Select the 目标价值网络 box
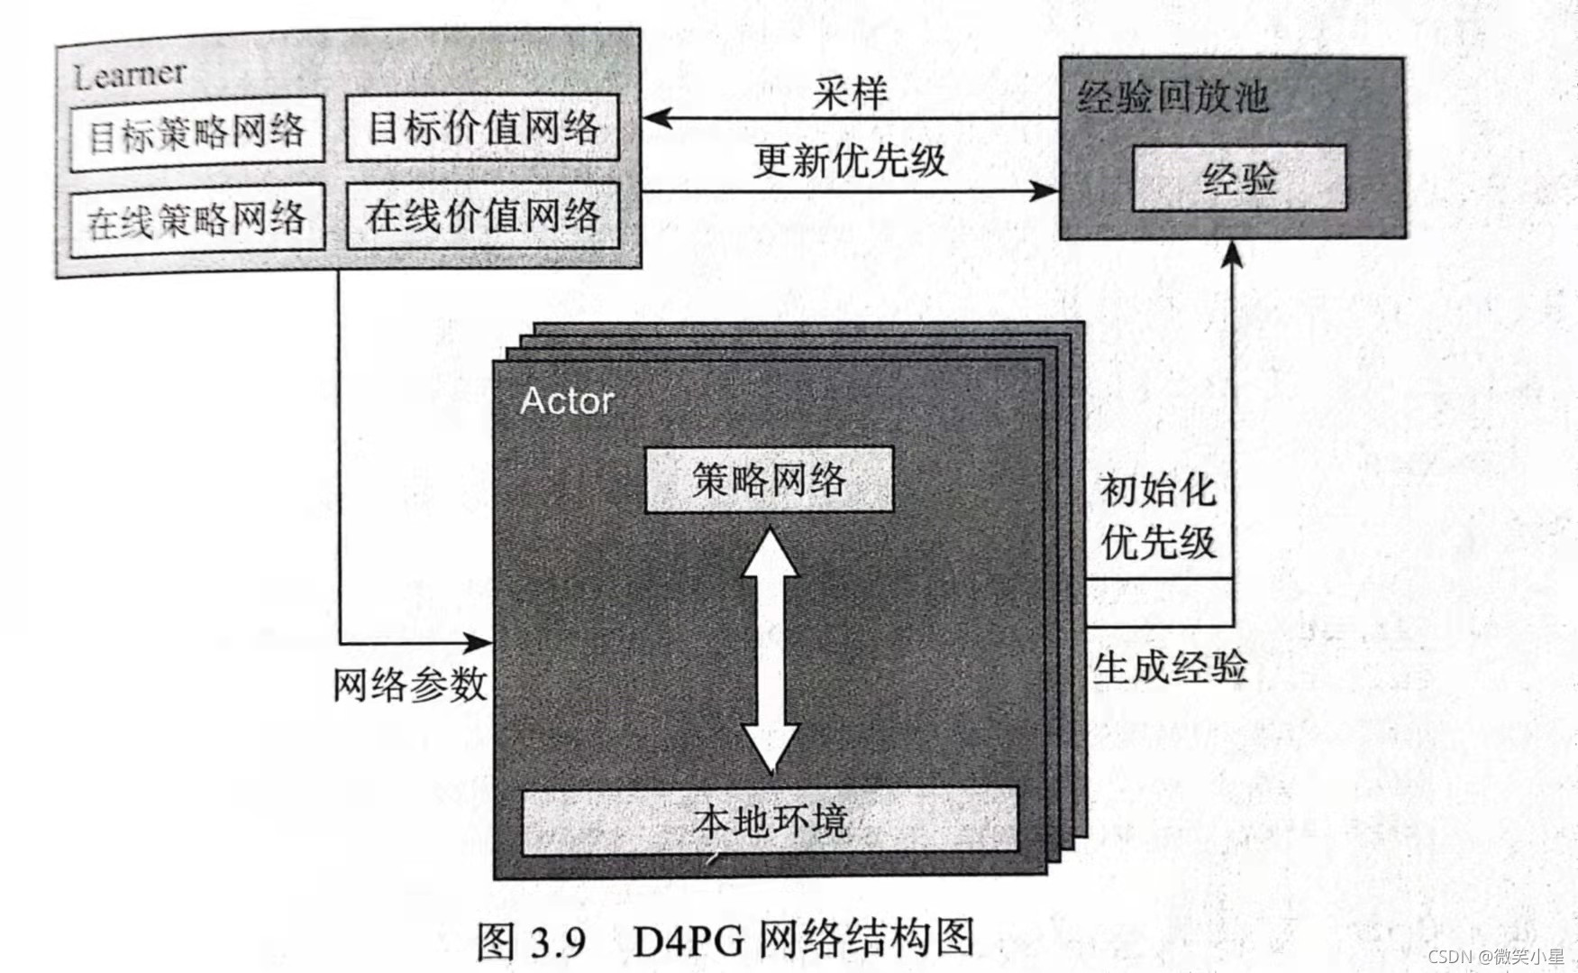pos(483,128)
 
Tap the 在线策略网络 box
pos(196,220)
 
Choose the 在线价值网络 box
pos(483,216)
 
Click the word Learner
pos(130,76)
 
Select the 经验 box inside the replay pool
pos(1239,179)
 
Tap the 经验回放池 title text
pos(1172,97)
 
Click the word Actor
pos(568,401)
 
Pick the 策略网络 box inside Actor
pos(769,480)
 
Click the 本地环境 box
pos(771,822)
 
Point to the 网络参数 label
pos(410,685)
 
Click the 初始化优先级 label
pos(1158,517)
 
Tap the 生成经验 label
pos(1170,667)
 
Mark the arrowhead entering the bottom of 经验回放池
pos(1233,254)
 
